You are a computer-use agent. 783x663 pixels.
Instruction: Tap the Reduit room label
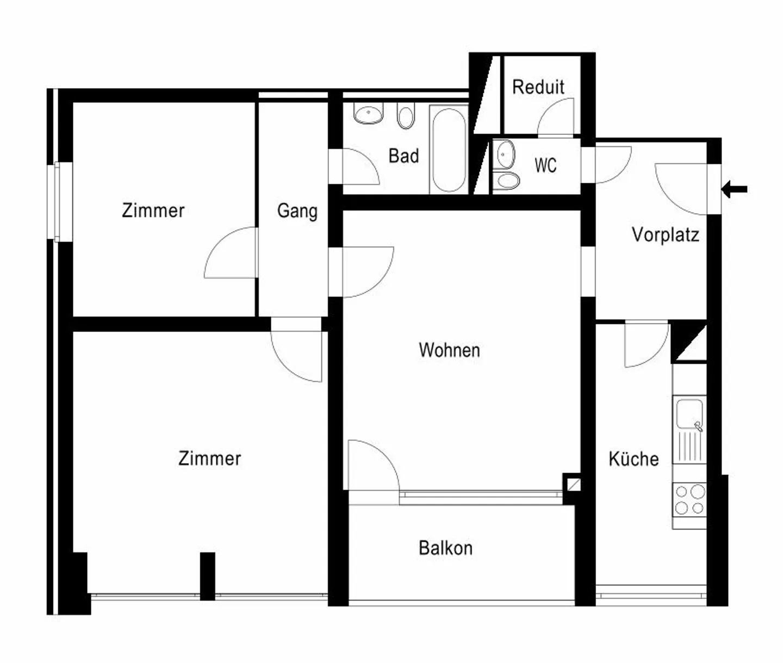(538, 87)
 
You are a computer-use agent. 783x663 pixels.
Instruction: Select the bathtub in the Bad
(449, 150)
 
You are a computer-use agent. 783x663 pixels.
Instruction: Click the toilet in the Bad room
(405, 116)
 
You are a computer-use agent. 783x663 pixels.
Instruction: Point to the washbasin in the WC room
(506, 154)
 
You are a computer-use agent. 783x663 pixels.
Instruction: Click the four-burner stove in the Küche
(689, 500)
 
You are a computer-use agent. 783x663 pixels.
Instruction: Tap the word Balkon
(445, 548)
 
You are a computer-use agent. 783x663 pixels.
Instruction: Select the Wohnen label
(449, 350)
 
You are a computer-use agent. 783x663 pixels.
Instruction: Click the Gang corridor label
(297, 210)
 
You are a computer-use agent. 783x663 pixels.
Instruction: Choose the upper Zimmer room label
(153, 210)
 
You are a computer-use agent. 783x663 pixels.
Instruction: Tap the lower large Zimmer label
(209, 458)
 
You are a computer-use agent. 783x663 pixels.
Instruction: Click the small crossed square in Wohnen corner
(573, 483)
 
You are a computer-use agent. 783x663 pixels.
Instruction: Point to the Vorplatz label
(665, 234)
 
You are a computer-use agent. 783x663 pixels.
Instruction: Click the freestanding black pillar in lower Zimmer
(207, 575)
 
